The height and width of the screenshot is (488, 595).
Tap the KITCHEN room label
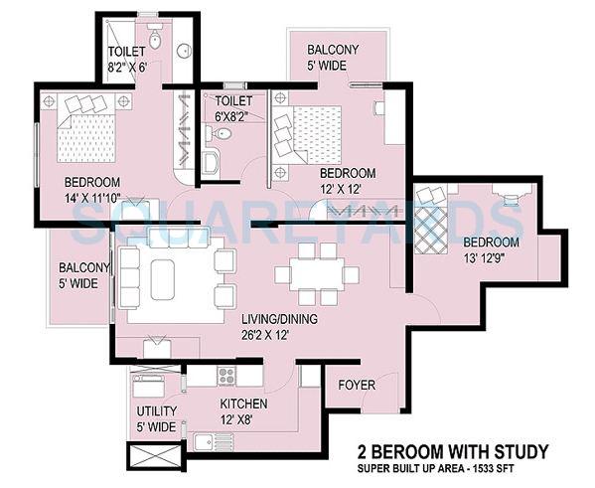coord(244,405)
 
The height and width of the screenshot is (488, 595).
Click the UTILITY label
coord(157,411)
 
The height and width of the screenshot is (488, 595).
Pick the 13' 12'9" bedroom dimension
coord(491,258)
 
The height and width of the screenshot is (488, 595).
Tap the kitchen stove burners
coord(226,376)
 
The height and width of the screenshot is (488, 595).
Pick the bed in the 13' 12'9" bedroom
coord(433,221)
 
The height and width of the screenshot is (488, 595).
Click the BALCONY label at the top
coord(333,50)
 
